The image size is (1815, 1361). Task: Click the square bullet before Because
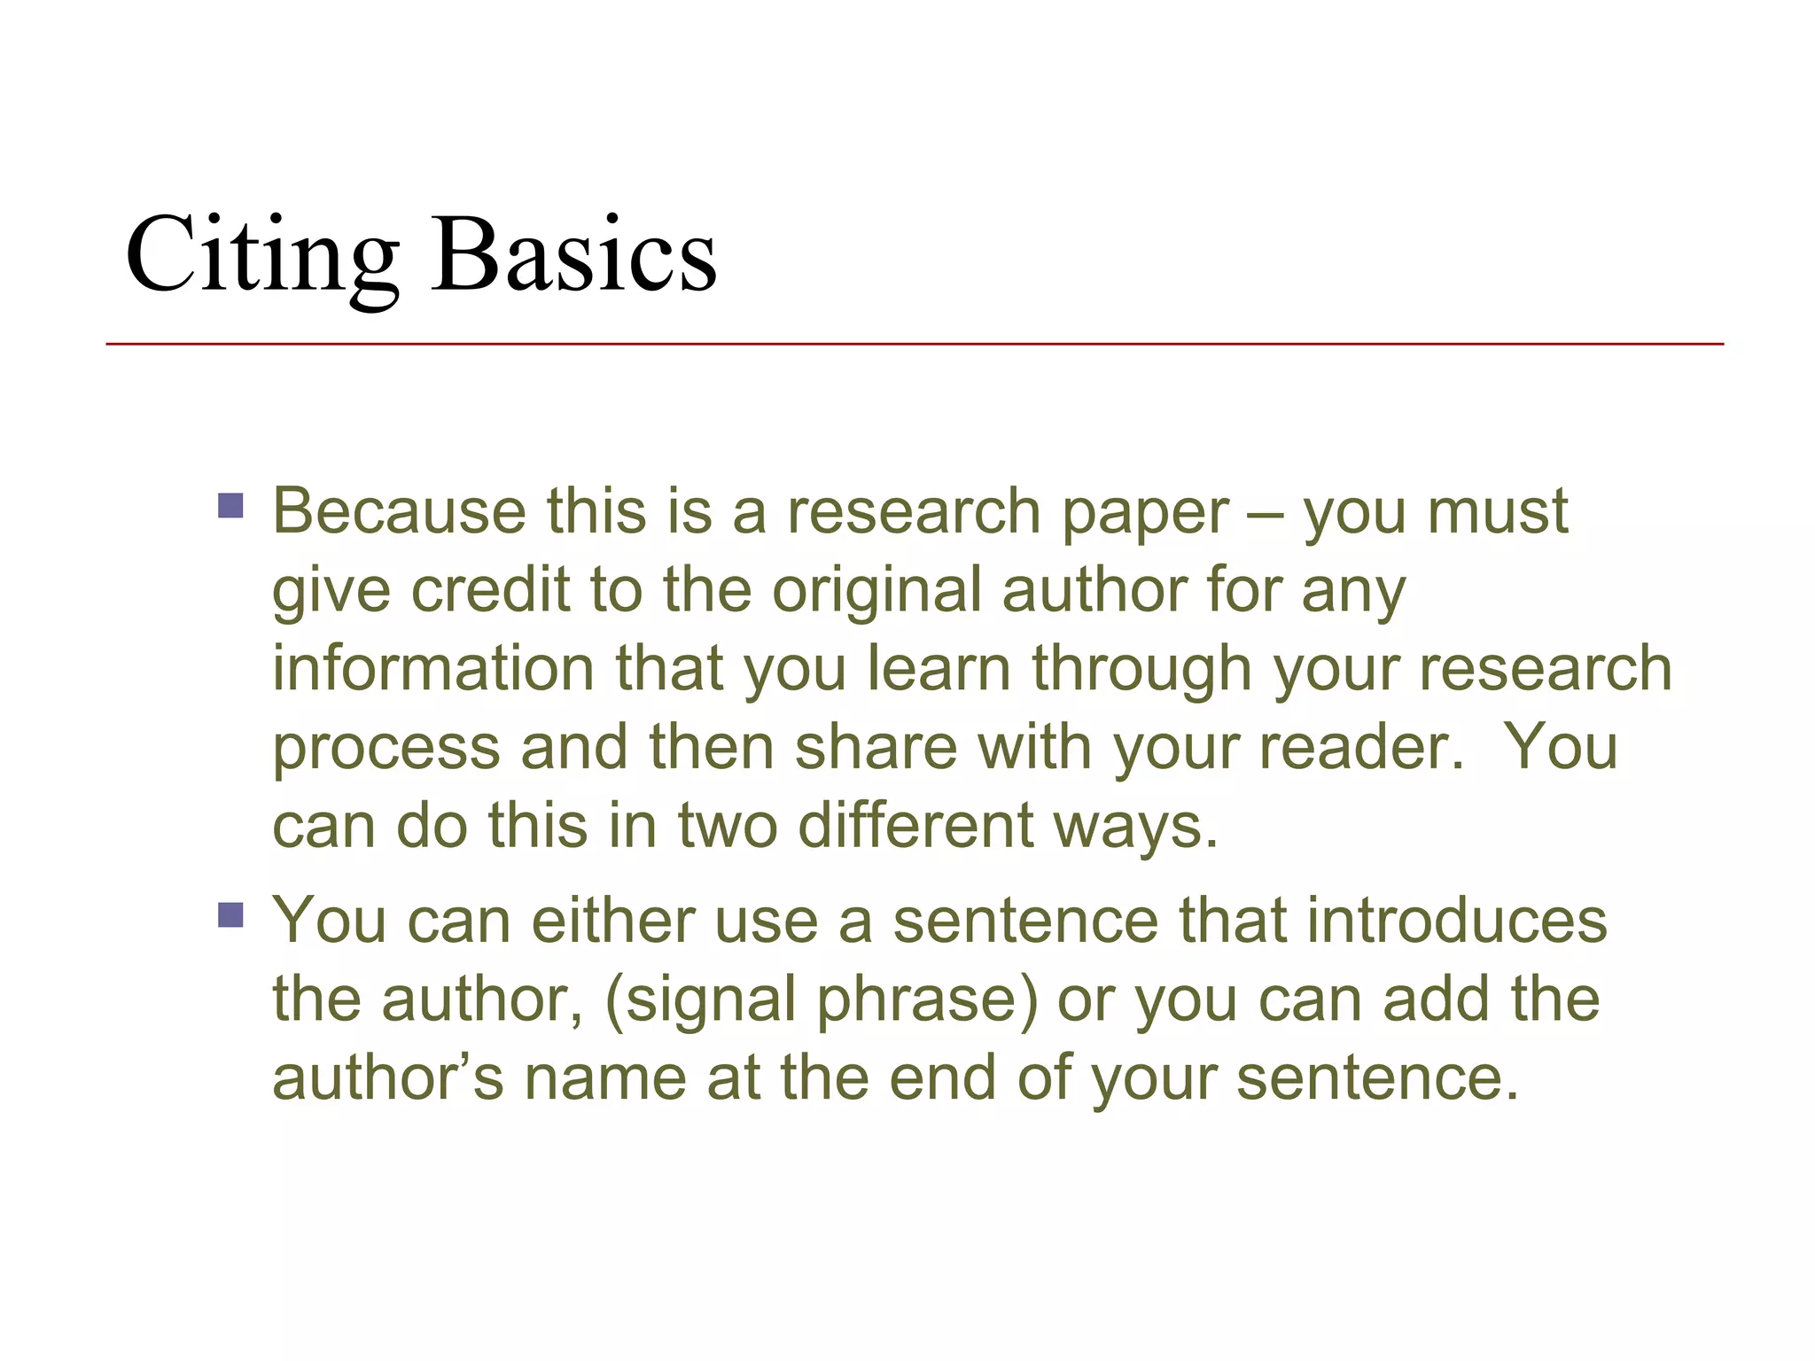coord(230,505)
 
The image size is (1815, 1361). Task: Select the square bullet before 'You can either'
coord(230,914)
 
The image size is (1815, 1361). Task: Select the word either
coord(612,921)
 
